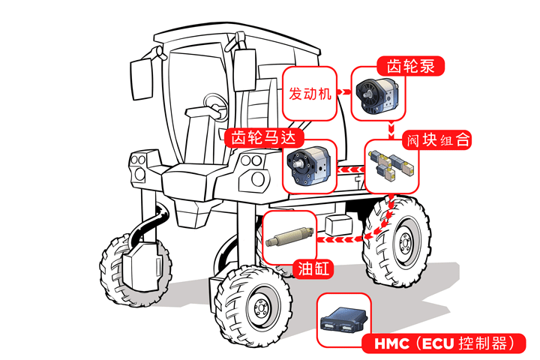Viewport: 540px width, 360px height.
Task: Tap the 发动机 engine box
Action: click(x=310, y=95)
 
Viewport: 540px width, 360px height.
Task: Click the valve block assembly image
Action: click(x=392, y=166)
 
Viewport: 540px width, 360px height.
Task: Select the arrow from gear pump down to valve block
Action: click(x=393, y=128)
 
